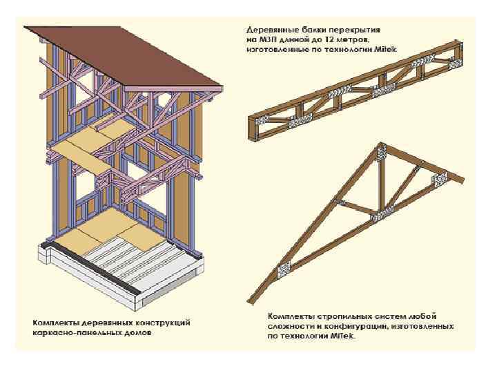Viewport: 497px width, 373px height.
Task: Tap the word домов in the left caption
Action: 133,332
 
